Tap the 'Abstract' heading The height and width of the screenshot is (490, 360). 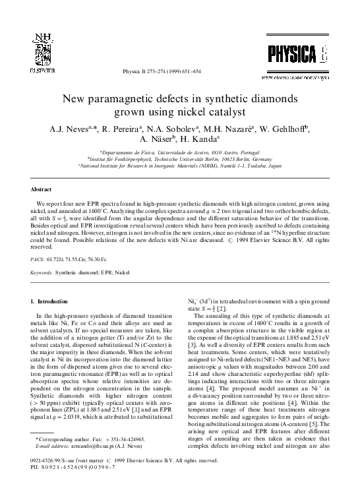click(x=42, y=189)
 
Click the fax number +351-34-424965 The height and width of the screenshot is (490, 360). click(x=110, y=457)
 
